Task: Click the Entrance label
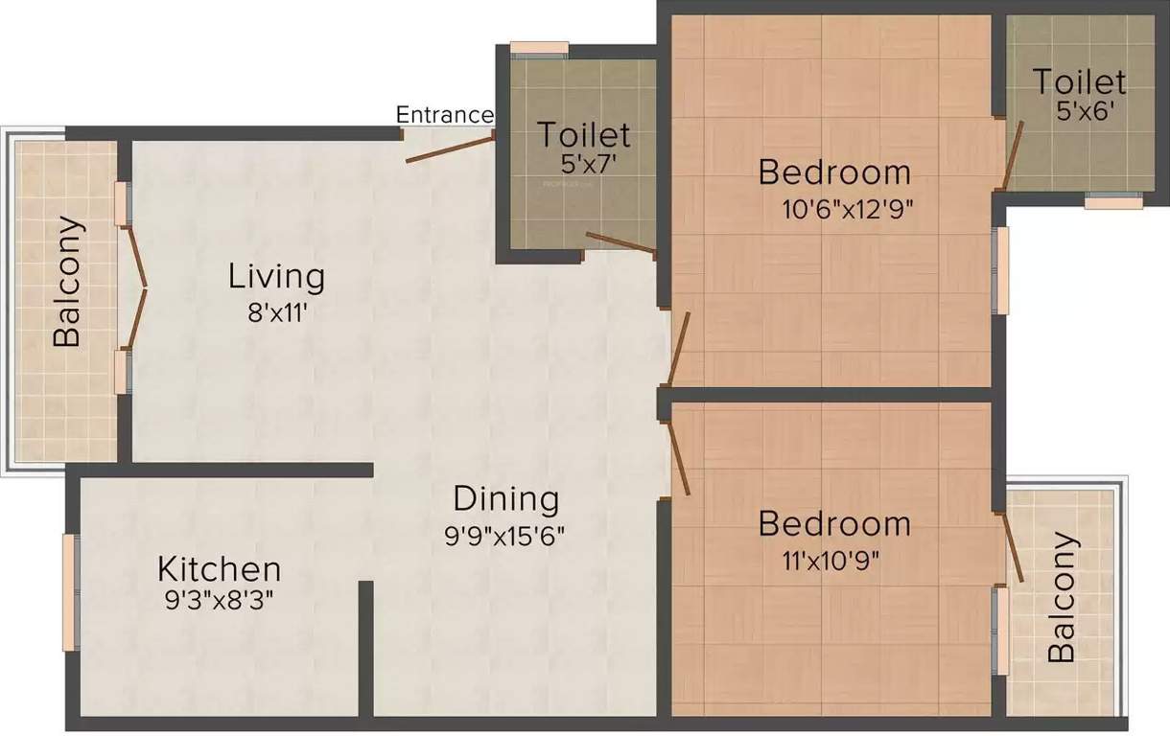tap(445, 115)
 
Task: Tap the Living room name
tap(276, 277)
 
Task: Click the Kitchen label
tap(220, 569)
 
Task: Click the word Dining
tap(505, 498)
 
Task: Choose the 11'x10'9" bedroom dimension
tap(831, 560)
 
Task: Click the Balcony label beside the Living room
tap(67, 283)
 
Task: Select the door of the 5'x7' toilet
tap(620, 243)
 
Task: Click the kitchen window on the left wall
tap(69, 591)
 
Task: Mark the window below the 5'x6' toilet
tap(1113, 202)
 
